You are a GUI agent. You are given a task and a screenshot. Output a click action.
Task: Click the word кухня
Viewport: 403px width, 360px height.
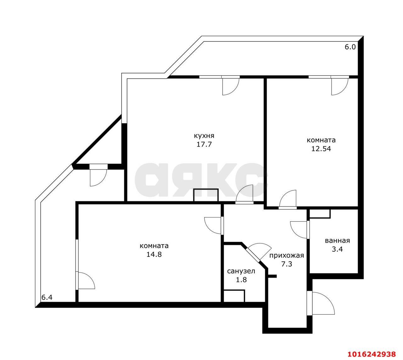click(x=204, y=136)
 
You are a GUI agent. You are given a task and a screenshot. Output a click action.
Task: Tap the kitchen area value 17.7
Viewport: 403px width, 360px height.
click(x=204, y=144)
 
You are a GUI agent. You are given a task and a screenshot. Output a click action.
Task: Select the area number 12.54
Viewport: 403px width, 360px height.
click(x=321, y=149)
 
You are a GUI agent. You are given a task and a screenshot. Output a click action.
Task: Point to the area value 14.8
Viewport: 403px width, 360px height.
click(x=154, y=255)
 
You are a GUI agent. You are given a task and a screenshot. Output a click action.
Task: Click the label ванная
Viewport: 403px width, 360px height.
click(x=338, y=241)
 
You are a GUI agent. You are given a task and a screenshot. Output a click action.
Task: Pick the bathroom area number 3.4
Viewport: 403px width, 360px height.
click(x=338, y=249)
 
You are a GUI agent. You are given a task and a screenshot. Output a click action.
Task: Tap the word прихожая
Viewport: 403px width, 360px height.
click(x=287, y=256)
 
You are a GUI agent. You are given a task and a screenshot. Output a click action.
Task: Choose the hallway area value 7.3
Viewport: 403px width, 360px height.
click(x=287, y=264)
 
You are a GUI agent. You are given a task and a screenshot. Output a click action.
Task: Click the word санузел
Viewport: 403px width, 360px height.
click(x=241, y=271)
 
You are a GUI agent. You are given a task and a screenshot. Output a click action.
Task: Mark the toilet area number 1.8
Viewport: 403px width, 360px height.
click(x=241, y=280)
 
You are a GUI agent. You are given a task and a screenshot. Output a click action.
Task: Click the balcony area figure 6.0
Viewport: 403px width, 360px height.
click(x=350, y=47)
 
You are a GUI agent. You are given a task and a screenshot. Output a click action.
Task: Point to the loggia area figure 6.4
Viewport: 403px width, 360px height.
click(x=47, y=297)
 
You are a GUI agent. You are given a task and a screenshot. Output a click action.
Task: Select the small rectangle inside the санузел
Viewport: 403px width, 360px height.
click(x=234, y=296)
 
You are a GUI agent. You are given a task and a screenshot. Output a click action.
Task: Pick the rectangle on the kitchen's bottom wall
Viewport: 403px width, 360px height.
click(x=206, y=195)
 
